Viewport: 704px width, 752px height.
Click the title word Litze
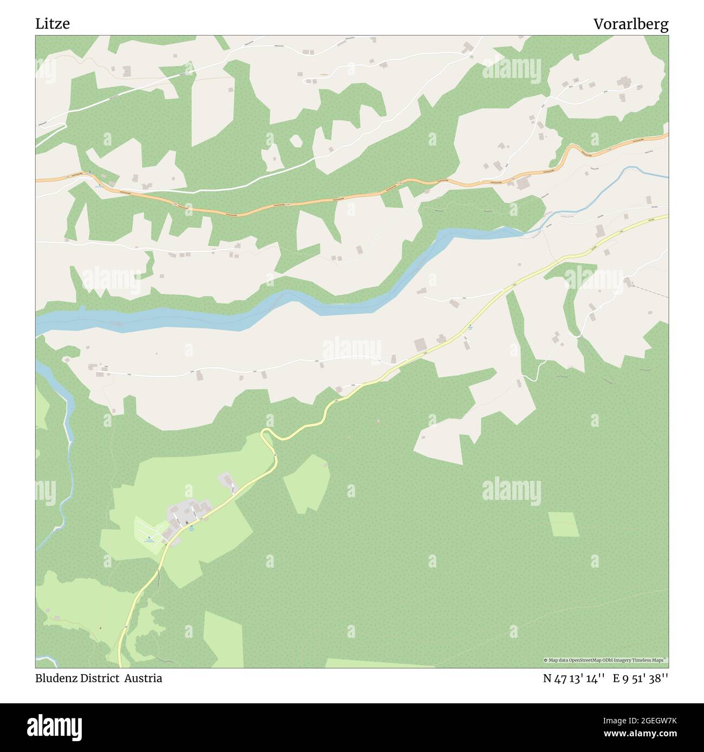click(53, 24)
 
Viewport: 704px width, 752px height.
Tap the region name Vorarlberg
click(631, 24)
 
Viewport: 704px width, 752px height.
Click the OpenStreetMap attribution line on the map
click(606, 660)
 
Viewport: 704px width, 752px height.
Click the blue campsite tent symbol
click(149, 537)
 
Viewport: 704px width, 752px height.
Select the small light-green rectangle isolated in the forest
click(563, 523)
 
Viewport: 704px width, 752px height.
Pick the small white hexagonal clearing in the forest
click(296, 141)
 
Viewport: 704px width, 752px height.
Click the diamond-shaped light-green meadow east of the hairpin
click(307, 483)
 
